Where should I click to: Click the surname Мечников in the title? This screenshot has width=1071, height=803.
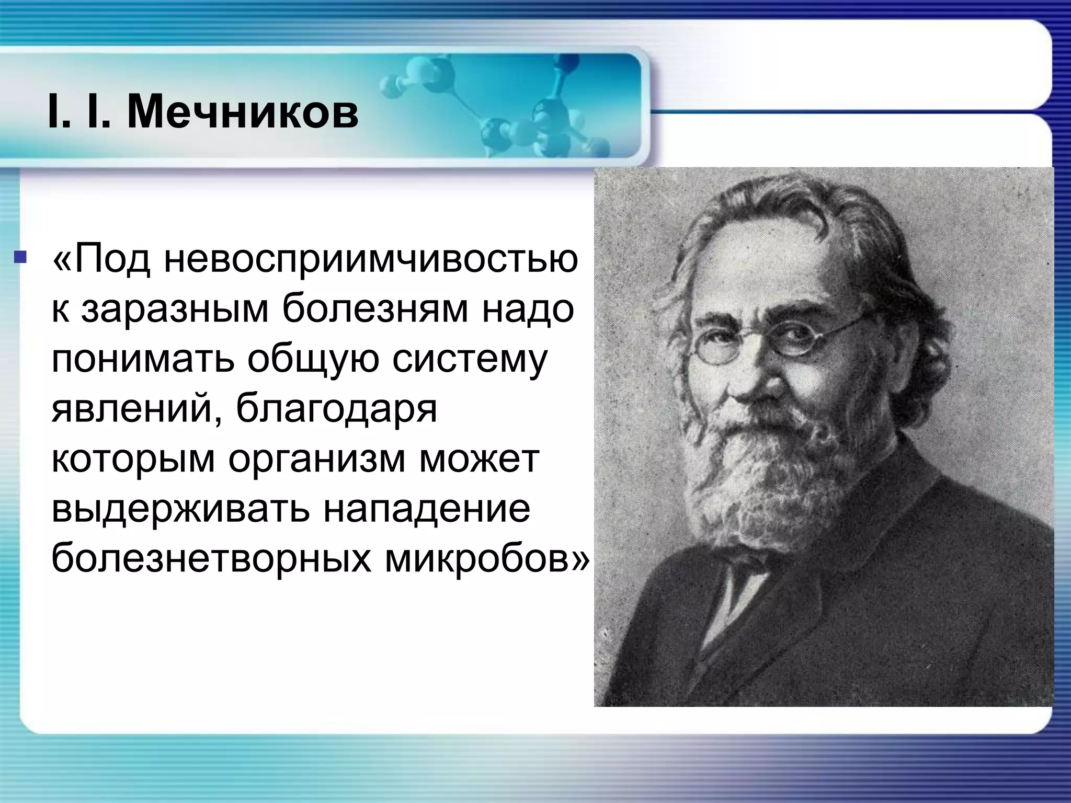click(243, 112)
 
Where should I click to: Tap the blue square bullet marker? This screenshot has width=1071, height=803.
click(20, 257)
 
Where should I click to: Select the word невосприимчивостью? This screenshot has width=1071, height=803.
click(371, 259)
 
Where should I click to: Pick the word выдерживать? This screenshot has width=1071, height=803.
click(180, 509)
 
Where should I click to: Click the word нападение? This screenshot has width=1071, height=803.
click(426, 509)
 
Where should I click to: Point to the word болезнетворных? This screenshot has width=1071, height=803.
click(211, 559)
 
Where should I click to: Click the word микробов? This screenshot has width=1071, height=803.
click(486, 559)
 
